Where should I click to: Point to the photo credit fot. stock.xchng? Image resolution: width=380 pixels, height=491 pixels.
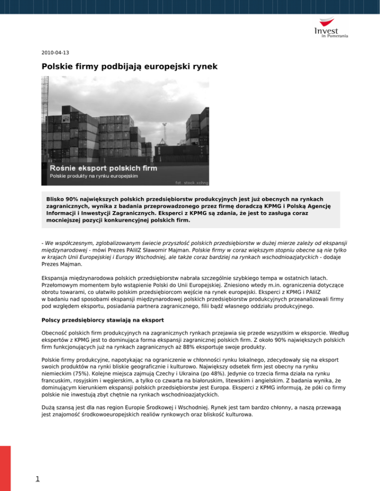tap(189, 182)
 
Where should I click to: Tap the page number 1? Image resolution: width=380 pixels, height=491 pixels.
tap(30, 478)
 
